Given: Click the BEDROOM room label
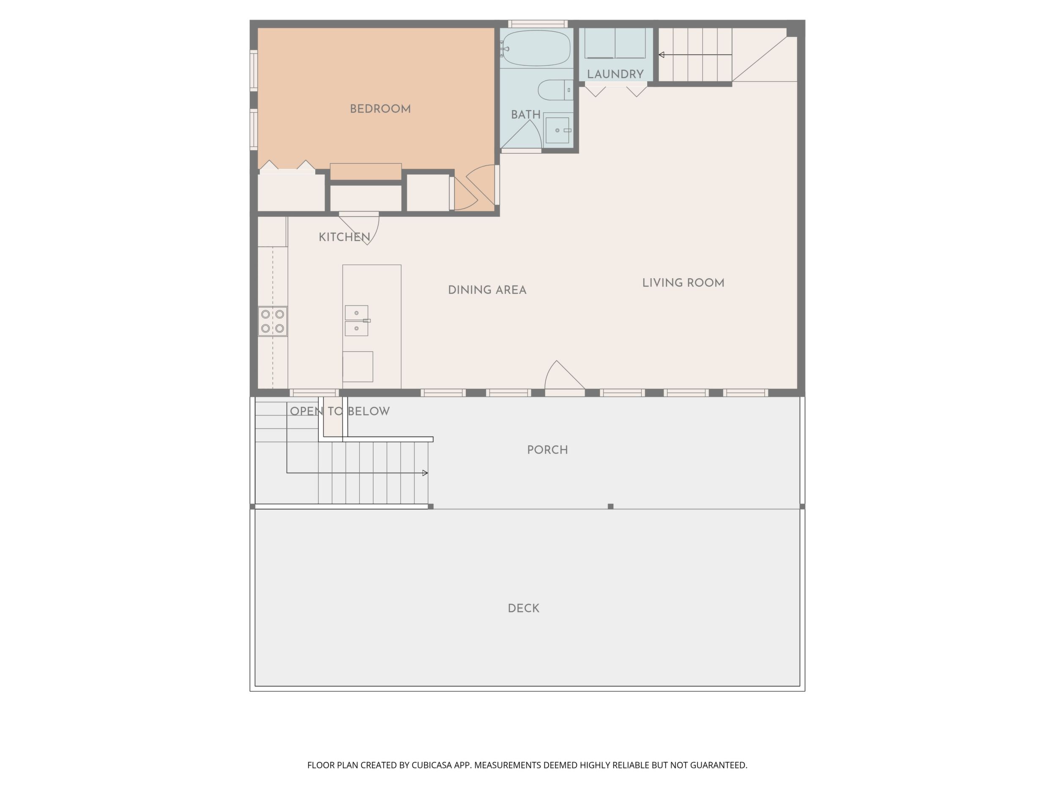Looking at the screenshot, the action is tap(380, 109).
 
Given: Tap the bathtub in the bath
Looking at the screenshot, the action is tap(536, 48).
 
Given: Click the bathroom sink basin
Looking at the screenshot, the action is tap(557, 130).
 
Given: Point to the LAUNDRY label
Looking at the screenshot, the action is tap(615, 74).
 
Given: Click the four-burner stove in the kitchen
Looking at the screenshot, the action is tap(273, 321).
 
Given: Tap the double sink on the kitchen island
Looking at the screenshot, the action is tap(357, 321).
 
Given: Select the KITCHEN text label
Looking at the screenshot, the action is tap(344, 237).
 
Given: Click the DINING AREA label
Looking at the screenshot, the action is tap(487, 290).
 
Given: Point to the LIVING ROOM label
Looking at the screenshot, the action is tap(683, 283).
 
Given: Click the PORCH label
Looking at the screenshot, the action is tap(547, 450).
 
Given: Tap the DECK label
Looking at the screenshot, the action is tap(523, 608).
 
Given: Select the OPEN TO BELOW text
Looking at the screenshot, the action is tap(339, 412).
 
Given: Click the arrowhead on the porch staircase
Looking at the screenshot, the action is tap(425, 473).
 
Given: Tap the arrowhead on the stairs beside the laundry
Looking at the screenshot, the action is tap(661, 55).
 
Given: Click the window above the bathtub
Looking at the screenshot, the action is tap(538, 24).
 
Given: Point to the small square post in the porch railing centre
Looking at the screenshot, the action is tap(610, 506).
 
